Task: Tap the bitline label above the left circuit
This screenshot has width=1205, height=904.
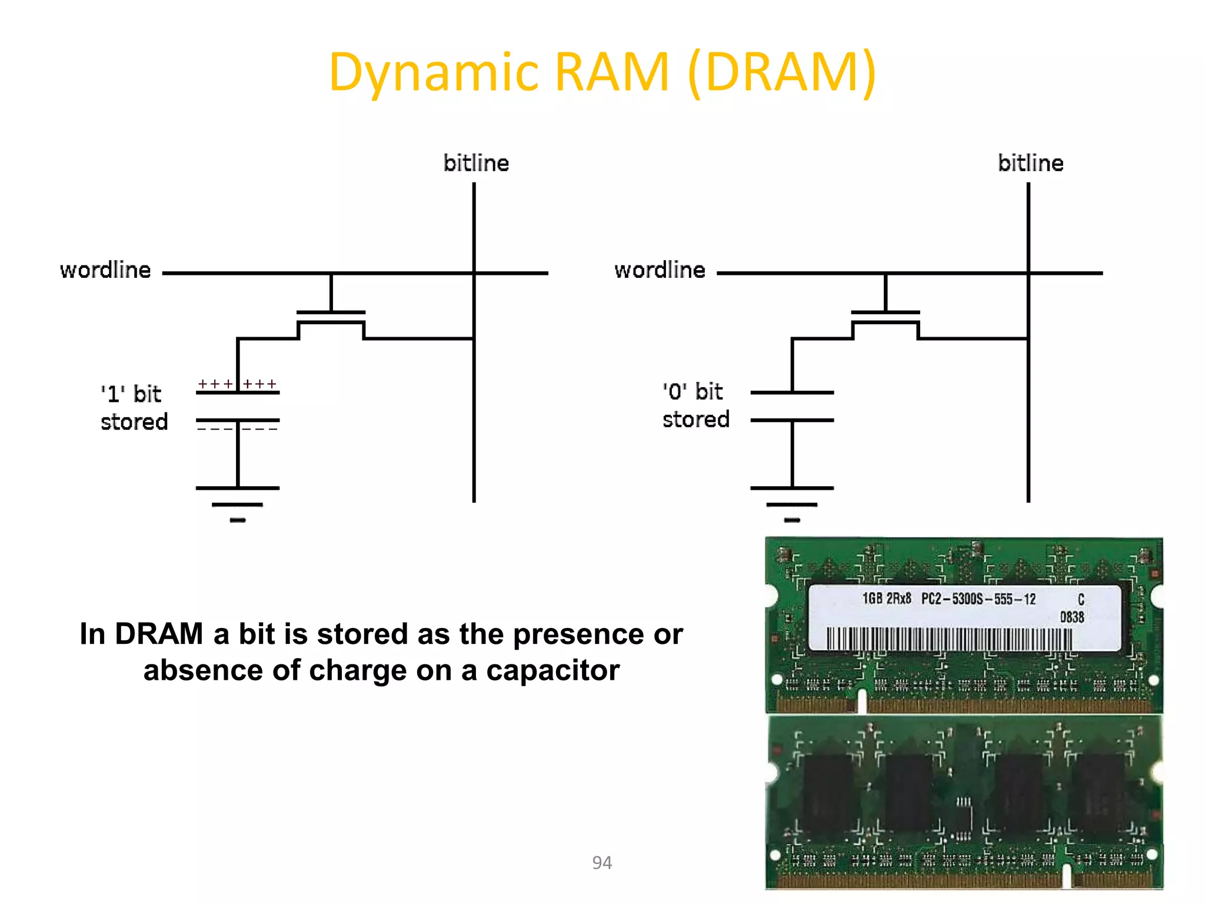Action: point(476,163)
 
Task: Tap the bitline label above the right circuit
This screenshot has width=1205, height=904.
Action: point(1030,163)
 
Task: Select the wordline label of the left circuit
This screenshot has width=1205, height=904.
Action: point(105,270)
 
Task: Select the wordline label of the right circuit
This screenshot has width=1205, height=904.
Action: point(660,270)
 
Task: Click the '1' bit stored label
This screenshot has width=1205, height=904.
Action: point(134,408)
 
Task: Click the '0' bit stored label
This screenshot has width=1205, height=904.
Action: point(695,406)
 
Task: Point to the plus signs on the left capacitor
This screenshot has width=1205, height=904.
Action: point(237,384)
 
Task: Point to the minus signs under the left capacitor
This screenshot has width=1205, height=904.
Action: point(237,429)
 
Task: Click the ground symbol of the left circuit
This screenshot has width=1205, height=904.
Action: point(238,504)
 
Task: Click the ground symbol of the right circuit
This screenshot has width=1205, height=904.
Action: point(792,504)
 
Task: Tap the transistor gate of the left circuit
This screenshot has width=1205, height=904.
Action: point(331,313)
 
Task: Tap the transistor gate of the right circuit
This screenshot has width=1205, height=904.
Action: point(885,313)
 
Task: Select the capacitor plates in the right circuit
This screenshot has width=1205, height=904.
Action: point(792,406)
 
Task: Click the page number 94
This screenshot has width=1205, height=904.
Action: point(602,863)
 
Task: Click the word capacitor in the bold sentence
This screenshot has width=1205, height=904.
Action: point(552,671)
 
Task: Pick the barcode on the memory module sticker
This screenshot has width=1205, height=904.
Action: point(949,639)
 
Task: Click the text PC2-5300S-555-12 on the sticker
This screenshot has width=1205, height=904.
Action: point(978,599)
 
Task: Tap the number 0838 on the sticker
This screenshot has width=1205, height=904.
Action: point(1071,617)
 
